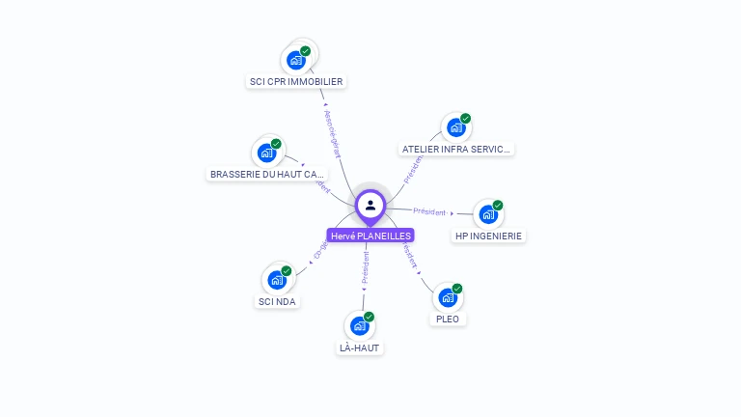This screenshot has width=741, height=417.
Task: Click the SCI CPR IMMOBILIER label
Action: (296, 82)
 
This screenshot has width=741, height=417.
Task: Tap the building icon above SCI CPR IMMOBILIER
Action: (296, 60)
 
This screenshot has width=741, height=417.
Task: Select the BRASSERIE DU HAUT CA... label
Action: (267, 175)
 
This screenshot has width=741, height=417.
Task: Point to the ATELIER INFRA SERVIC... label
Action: (456, 150)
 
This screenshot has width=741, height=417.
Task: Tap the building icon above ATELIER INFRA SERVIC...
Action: (456, 127)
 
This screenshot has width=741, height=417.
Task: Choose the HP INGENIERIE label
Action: (490, 236)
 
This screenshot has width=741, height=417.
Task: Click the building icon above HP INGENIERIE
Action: (489, 214)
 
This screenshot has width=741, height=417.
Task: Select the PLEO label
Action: (448, 319)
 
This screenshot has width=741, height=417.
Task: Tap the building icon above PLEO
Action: (448, 297)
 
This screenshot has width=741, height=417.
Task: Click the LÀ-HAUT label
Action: (359, 347)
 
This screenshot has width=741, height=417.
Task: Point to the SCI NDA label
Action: (278, 301)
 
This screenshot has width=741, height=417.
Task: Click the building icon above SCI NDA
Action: (278, 280)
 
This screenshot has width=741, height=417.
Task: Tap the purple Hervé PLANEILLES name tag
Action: (370, 236)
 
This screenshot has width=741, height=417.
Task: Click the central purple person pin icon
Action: (370, 205)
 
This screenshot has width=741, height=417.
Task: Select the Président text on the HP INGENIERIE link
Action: (429, 211)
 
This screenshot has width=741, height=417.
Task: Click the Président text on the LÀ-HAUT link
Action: (366, 267)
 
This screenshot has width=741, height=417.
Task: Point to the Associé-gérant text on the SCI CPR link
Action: (332, 132)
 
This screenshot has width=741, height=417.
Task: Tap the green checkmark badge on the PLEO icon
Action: (457, 289)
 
